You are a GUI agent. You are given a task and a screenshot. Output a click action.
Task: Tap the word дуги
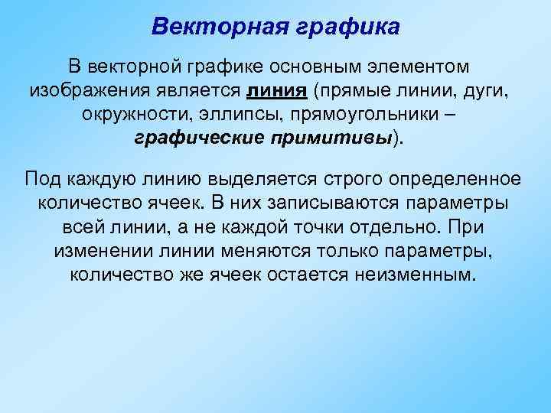(484, 92)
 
